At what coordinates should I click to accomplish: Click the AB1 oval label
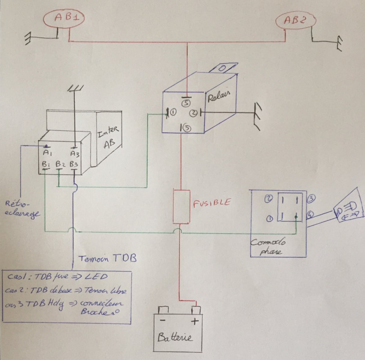click(x=63, y=18)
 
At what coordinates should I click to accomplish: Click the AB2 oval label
click(x=296, y=21)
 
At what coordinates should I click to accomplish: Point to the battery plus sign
click(x=195, y=321)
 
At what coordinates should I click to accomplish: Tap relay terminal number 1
click(x=173, y=112)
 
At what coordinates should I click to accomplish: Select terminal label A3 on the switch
click(x=74, y=153)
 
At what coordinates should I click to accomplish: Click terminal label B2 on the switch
click(x=61, y=164)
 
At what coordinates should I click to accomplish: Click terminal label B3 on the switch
click(x=74, y=164)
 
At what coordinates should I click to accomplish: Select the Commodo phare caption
click(x=266, y=247)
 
